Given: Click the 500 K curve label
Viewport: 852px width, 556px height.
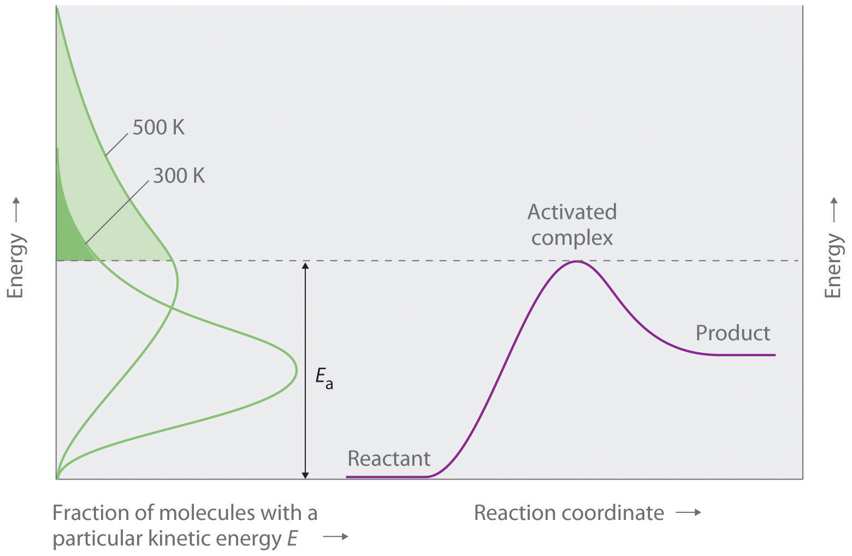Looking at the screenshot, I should (158, 128).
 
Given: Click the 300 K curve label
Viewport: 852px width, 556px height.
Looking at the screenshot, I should (179, 176).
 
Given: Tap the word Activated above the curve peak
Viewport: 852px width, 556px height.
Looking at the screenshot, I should (572, 212).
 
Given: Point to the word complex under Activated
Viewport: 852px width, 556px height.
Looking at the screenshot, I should (572, 238).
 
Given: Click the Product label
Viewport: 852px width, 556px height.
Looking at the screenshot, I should (732, 333).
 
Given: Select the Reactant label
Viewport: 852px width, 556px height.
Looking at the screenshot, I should (388, 459).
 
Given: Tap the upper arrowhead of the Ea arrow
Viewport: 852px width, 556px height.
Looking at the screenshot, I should (305, 266).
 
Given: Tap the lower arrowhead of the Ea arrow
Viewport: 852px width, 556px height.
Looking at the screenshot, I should (305, 475).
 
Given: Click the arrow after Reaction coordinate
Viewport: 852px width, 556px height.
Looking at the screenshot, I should (688, 513).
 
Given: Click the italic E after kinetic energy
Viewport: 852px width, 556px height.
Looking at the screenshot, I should (292, 539).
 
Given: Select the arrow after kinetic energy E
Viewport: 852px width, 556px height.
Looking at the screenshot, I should (335, 537).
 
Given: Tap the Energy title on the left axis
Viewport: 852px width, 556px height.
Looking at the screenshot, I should (16, 265).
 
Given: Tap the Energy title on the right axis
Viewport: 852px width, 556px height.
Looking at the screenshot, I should (832, 265).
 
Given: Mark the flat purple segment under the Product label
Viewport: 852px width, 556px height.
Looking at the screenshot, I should (745, 355).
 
